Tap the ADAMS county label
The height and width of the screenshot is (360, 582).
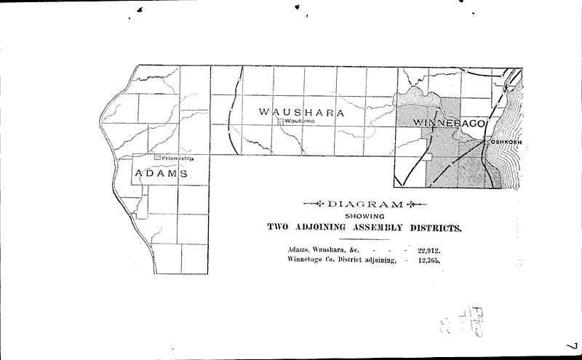pos(161,174)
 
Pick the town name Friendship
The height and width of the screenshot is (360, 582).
pos(179,158)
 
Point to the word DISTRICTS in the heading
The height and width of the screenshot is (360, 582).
pos(434,228)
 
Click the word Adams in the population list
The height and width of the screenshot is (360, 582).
pos(300,249)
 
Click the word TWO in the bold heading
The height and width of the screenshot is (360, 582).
pos(278,228)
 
